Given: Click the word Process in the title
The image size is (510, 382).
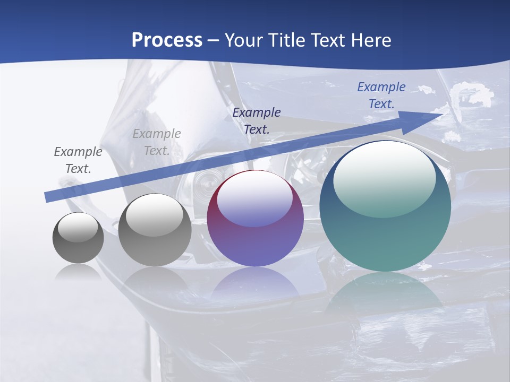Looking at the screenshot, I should click(x=167, y=40).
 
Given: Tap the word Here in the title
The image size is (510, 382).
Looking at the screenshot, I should click(x=370, y=40).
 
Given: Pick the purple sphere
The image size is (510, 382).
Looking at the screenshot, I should click(x=255, y=233).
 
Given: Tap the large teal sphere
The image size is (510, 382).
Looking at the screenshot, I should click(x=385, y=233).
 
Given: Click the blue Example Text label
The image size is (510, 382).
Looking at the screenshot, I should click(x=381, y=95).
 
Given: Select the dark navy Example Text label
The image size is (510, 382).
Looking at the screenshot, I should click(x=257, y=120).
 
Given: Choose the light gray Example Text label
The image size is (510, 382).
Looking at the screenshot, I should click(x=157, y=142).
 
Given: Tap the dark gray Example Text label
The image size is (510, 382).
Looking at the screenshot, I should click(x=78, y=160).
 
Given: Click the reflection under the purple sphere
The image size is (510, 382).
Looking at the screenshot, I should click(x=255, y=284).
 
